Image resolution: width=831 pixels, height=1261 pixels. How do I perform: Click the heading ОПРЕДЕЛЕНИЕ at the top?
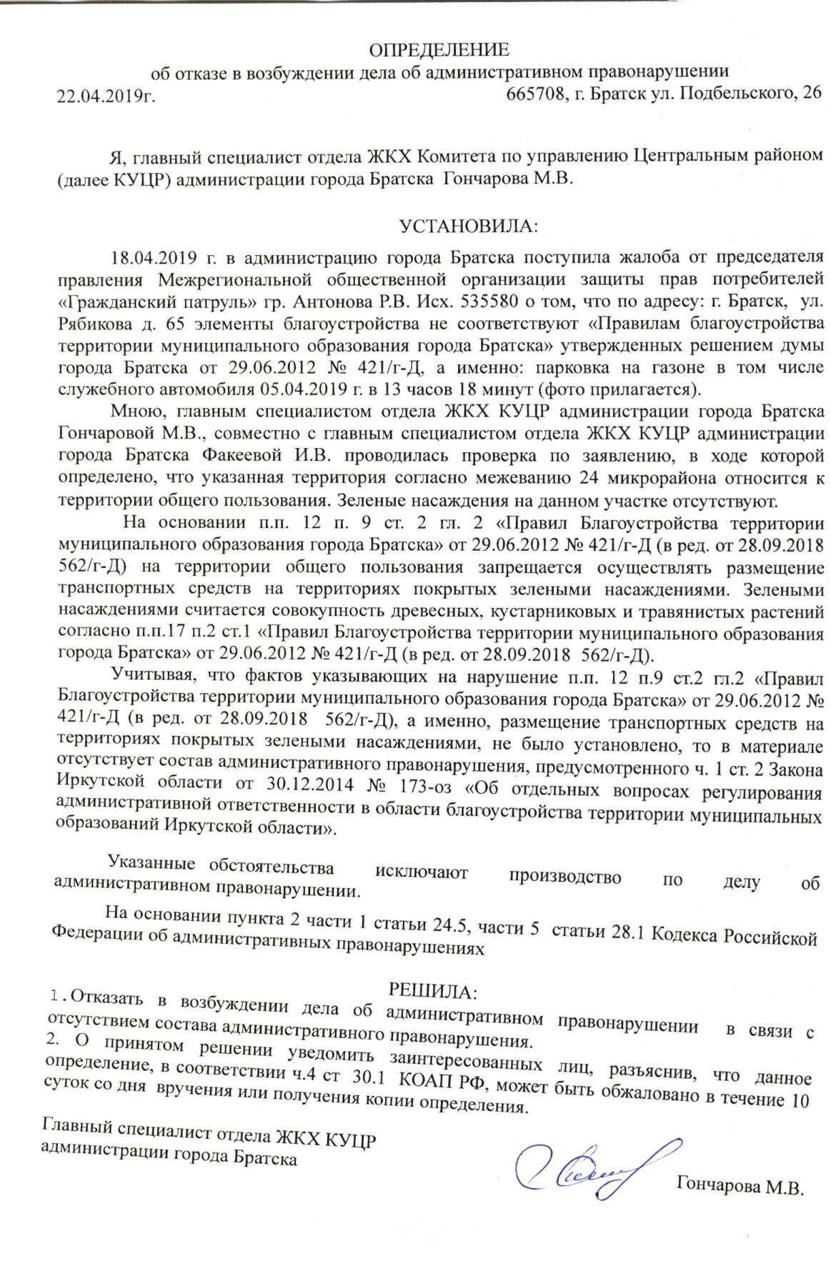438,50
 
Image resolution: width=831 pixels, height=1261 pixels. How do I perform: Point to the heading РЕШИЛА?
432,992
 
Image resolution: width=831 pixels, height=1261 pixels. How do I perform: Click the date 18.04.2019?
151,256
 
